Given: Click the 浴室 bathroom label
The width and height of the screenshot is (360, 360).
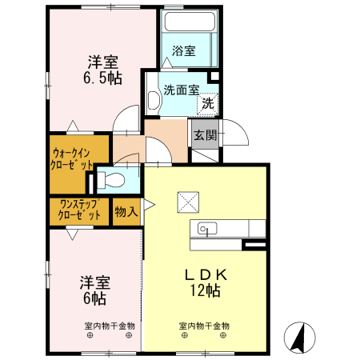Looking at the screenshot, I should coord(184,51).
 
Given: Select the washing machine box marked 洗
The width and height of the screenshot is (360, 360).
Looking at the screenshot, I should coord(207,102).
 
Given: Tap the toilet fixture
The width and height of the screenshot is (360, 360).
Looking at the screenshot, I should coord(112,179).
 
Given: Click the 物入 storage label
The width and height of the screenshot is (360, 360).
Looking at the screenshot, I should coord(126,211).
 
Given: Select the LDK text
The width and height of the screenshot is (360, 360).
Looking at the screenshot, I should coord(204,274).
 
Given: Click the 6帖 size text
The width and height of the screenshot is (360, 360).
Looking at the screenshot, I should coord(94,298).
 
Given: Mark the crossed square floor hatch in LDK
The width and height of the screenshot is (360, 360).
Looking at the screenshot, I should coord(189,199).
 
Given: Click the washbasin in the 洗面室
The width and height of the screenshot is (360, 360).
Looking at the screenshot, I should coord(154,100).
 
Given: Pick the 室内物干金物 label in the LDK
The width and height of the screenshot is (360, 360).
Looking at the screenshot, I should coord(203,326).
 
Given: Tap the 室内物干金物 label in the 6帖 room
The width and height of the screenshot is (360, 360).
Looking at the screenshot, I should coord(110,326).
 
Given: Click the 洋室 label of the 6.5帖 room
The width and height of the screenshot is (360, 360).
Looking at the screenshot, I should coord(102,62).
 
